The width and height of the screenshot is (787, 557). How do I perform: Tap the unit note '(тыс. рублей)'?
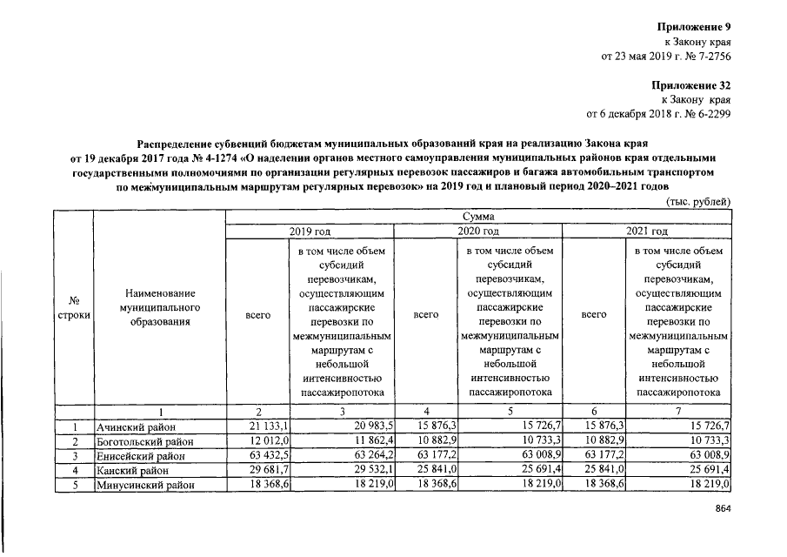click(697, 201)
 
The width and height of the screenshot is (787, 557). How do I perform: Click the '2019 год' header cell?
click(310, 231)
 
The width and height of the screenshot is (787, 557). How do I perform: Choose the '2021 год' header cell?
click(646, 231)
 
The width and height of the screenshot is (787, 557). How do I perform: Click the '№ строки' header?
click(73, 307)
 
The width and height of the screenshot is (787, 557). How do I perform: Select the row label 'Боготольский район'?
click(143, 441)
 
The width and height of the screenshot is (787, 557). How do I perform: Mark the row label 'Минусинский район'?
click(144, 485)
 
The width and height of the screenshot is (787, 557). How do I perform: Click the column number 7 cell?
click(677, 411)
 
